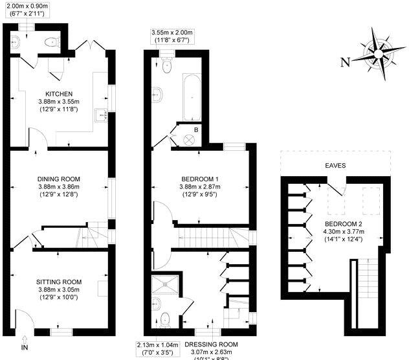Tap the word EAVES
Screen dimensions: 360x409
click(335, 166)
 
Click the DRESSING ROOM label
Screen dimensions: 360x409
click(211, 344)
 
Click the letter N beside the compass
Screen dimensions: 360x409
click(345, 62)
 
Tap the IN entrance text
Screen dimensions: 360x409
click(25, 348)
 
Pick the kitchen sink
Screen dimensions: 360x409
click(100, 116)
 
